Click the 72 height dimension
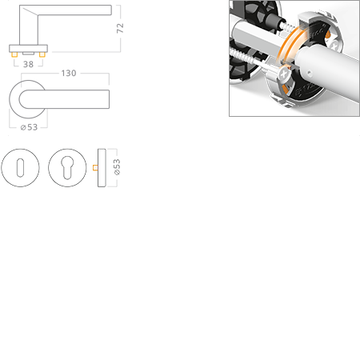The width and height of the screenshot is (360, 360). (x=120, y=28)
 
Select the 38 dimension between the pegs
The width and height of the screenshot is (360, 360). (x=28, y=64)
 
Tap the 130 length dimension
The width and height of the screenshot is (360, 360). (x=69, y=73)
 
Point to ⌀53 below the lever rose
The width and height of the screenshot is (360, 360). (x=29, y=127)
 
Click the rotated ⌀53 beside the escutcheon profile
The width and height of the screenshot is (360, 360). (x=117, y=167)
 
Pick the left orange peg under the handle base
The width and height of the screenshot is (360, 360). (x=14, y=54)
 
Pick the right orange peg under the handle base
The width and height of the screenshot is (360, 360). (x=42, y=54)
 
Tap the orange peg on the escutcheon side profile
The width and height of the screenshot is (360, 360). (x=95, y=167)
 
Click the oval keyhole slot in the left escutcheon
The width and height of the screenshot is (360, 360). (x=20, y=168)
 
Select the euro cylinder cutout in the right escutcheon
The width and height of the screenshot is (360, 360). (x=67, y=167)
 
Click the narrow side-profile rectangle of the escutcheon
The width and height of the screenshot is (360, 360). (x=102, y=168)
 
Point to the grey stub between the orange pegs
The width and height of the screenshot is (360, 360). (x=28, y=54)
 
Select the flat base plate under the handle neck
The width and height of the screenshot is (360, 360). (x=28, y=49)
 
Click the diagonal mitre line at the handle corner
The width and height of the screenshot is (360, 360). (x=30, y=11)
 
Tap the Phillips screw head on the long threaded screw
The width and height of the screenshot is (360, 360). (x=284, y=74)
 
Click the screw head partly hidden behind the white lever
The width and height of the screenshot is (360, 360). (x=335, y=44)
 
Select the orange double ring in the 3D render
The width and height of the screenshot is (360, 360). (x=290, y=44)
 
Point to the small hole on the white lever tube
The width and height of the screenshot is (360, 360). (x=309, y=73)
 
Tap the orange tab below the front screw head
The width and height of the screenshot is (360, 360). (x=286, y=89)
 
